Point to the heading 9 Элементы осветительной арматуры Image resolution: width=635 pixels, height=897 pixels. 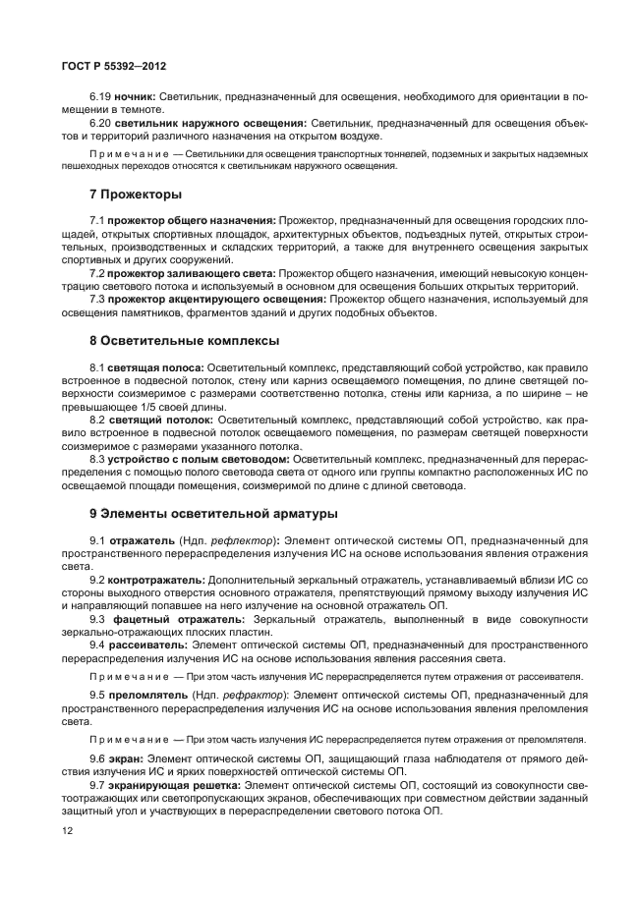click(213, 512)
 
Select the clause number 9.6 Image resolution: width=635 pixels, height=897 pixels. click(98, 759)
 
